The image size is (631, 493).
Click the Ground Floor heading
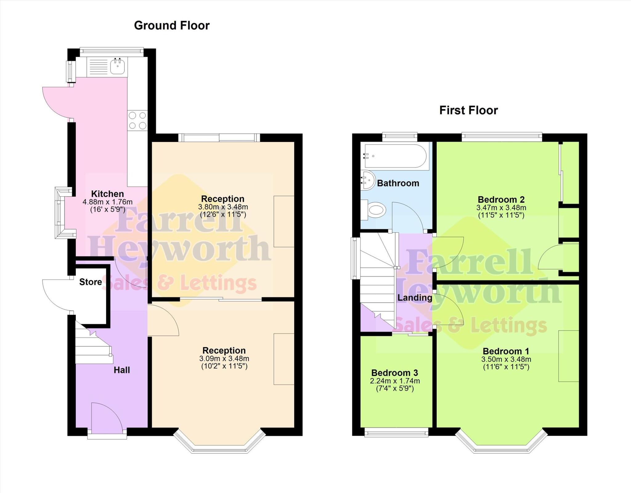point(172,26)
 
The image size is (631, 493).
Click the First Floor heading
point(468,110)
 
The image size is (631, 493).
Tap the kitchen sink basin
point(117,67)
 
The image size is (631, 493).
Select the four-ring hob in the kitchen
point(137,120)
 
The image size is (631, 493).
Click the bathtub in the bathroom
point(395,156)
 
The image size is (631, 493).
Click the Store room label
point(91,282)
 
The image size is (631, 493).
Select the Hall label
point(122,370)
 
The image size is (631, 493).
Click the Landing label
point(415,298)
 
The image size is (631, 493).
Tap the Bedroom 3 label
point(394,373)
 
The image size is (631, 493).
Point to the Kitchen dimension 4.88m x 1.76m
point(108,202)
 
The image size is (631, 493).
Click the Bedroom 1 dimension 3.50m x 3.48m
point(506,359)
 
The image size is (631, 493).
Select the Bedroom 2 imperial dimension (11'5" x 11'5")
point(501,215)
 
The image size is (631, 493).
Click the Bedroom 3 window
point(396,433)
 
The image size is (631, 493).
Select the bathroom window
point(400,136)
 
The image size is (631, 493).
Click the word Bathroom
point(398,184)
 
